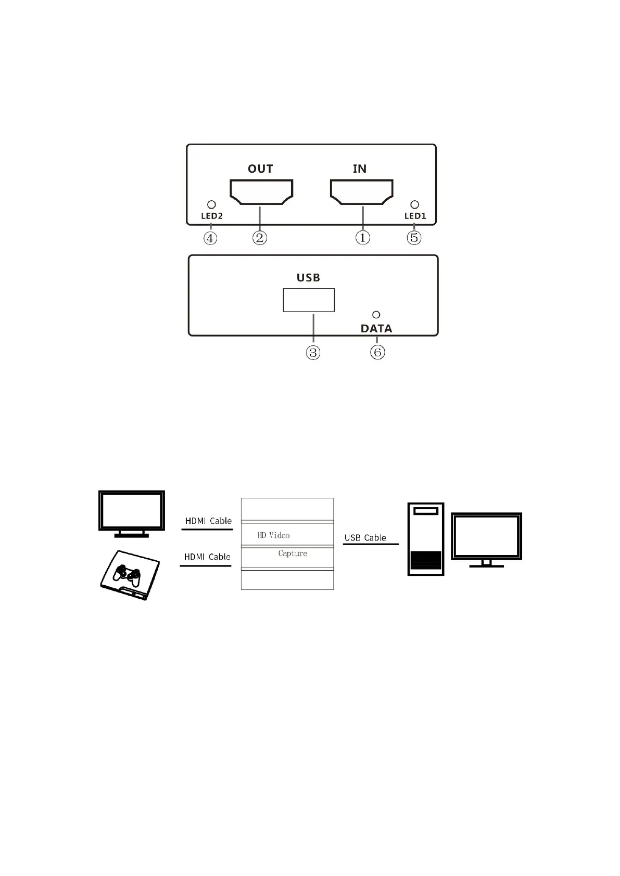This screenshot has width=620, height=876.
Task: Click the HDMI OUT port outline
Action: [261, 191]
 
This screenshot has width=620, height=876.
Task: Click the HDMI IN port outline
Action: [362, 191]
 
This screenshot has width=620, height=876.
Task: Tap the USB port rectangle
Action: [309, 300]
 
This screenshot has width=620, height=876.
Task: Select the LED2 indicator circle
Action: [211, 205]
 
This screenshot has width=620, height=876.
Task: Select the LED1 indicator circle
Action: [414, 205]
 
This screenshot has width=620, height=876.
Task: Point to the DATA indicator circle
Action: [376, 315]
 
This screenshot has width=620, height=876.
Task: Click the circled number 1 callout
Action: [363, 238]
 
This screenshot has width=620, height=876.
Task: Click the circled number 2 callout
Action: [260, 238]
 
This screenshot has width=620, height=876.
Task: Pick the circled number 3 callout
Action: [313, 353]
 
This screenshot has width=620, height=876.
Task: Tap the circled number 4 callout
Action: [210, 238]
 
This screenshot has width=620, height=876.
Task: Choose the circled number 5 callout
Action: [414, 238]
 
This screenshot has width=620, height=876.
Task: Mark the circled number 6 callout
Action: [377, 352]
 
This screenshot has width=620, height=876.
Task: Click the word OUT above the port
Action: [260, 169]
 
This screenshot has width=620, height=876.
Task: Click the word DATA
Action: [376, 329]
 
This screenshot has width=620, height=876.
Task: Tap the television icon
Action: [132, 513]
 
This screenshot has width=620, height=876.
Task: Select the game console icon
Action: [130, 575]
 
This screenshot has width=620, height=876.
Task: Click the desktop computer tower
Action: [425, 539]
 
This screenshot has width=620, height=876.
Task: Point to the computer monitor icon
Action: [486, 539]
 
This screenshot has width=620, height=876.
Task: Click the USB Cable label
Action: [365, 538]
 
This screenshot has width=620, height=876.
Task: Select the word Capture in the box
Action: [293, 553]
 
